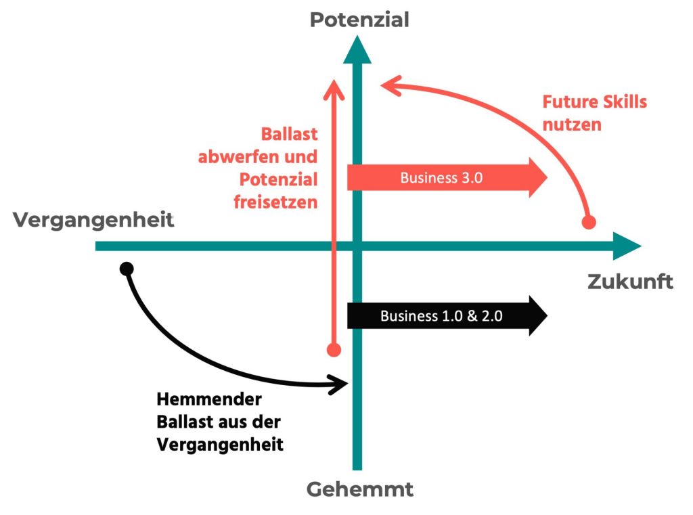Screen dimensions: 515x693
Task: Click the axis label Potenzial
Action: (359, 20)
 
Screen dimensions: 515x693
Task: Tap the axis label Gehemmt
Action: (359, 489)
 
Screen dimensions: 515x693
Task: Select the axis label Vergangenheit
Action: (93, 221)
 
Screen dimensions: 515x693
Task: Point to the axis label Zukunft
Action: (630, 282)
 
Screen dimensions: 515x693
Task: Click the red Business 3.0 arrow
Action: (447, 178)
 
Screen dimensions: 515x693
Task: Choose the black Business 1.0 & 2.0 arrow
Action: (447, 315)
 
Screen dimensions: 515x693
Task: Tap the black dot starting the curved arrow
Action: (126, 269)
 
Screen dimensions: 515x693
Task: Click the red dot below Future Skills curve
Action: (589, 221)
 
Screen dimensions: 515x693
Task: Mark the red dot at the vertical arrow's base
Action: (333, 350)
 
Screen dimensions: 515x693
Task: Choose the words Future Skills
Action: (595, 102)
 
